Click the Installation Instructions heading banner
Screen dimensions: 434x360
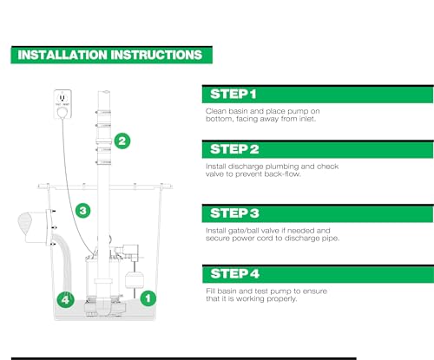pyautogui.click(x=112, y=55)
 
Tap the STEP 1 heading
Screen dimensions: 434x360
pyautogui.click(x=233, y=94)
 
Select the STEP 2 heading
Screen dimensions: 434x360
pyautogui.click(x=234, y=149)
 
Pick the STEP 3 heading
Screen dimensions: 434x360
pyautogui.click(x=234, y=213)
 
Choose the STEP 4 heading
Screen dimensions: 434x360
pyautogui.click(x=234, y=273)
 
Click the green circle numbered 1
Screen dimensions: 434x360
pyautogui.click(x=148, y=298)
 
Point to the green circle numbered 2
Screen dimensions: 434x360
pyautogui.click(x=122, y=141)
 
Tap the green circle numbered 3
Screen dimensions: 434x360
pyautogui.click(x=83, y=210)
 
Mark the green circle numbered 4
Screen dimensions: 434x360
pyautogui.click(x=65, y=299)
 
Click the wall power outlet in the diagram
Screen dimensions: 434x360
pyautogui.click(x=62, y=104)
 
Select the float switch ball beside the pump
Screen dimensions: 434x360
pyautogui.click(x=134, y=280)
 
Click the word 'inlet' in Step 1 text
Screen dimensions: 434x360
pyautogui.click(x=307, y=119)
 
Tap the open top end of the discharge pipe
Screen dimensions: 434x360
pyautogui.click(x=104, y=92)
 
